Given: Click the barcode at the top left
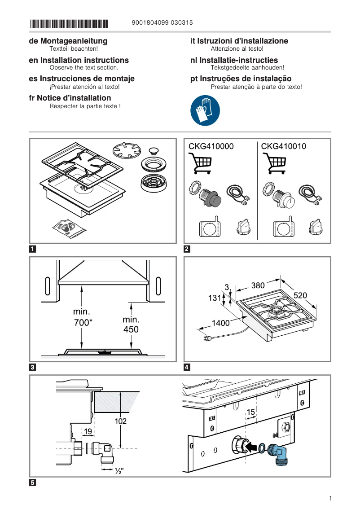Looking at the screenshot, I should [69, 23].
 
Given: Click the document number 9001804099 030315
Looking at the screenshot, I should [163, 23].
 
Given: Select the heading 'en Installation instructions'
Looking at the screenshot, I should [79, 60].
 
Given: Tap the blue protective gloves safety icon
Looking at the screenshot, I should [205, 110].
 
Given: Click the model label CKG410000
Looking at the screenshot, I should [211, 146].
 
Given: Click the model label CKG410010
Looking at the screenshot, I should [284, 146].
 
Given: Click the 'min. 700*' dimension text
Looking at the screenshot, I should [82, 317].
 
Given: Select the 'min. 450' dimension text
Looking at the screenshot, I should [131, 325].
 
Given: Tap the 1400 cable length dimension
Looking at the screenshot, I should [220, 322].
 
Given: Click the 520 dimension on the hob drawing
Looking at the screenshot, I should [300, 295].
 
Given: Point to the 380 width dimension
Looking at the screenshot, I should [258, 285].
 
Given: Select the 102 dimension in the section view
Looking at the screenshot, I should [121, 421].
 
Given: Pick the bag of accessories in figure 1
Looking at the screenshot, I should [67, 228].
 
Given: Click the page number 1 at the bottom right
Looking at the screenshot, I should [330, 498].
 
